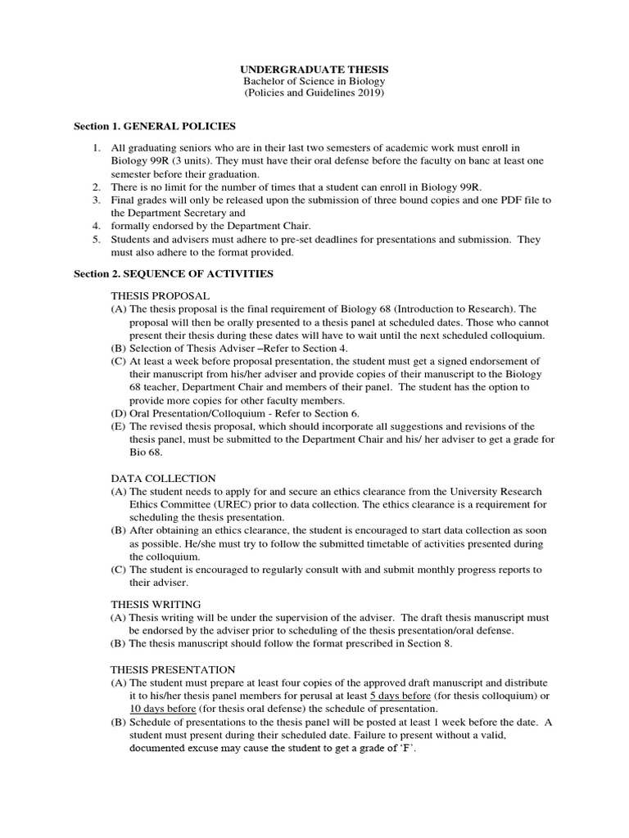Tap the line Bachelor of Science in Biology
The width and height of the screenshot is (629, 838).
(x=314, y=82)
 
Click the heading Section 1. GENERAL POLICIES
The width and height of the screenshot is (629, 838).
(x=155, y=126)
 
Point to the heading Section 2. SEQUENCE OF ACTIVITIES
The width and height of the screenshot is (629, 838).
(x=174, y=273)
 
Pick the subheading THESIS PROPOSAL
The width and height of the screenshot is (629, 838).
(x=161, y=295)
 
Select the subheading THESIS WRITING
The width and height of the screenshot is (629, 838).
(x=155, y=604)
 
